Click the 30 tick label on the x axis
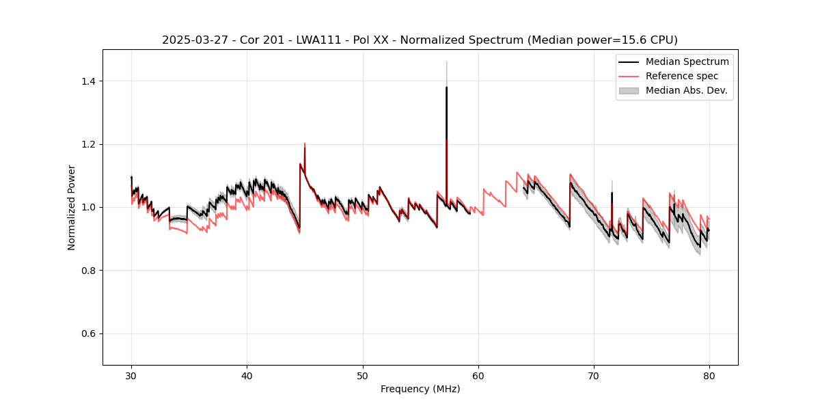click(x=131, y=376)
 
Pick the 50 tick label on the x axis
click(x=363, y=376)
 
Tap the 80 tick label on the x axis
click(x=709, y=376)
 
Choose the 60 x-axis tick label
click(x=478, y=376)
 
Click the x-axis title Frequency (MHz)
click(x=420, y=389)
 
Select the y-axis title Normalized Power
click(x=72, y=207)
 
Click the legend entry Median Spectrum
click(x=687, y=61)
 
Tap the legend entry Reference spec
click(x=682, y=76)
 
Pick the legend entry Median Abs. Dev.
click(x=686, y=90)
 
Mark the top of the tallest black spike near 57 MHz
click(x=446, y=87)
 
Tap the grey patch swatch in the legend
click(x=628, y=90)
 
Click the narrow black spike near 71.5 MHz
click(x=612, y=193)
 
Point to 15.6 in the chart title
click(x=618, y=40)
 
